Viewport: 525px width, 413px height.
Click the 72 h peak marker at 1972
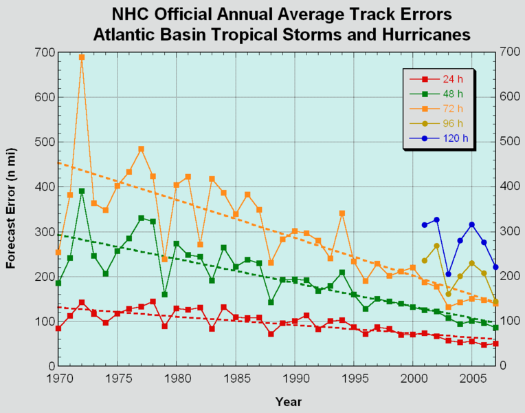(x=82, y=57)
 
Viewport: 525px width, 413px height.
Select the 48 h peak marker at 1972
(x=82, y=191)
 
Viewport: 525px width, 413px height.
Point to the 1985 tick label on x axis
(x=235, y=379)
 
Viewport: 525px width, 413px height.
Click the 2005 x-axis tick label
(x=471, y=379)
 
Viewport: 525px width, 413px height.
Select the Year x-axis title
(x=288, y=401)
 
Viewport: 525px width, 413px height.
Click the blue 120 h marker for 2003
(x=448, y=275)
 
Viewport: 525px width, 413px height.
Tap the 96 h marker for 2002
(x=436, y=246)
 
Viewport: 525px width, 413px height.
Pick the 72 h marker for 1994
(x=342, y=213)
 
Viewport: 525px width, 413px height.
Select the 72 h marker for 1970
(x=58, y=253)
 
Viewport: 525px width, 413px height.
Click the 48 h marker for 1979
(x=164, y=295)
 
